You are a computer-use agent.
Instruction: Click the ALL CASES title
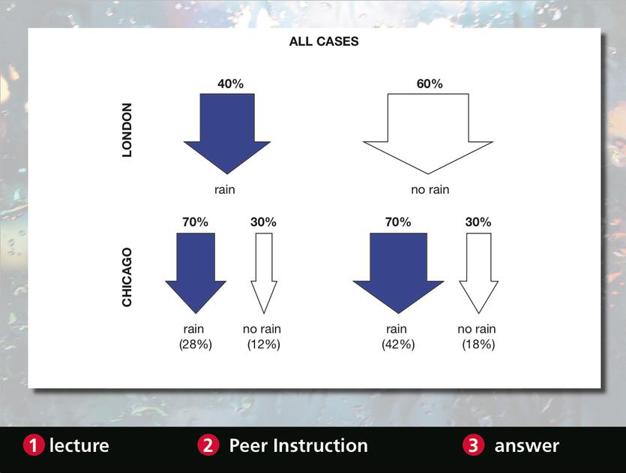(324, 41)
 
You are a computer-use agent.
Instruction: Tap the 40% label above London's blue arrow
(230, 83)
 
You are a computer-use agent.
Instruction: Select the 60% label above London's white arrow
(430, 83)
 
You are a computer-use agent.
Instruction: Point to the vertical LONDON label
(127, 130)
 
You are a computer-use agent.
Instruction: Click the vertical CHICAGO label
(127, 277)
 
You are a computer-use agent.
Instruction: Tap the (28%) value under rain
(195, 345)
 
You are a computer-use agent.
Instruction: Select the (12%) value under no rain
(263, 345)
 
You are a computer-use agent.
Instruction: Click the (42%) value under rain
(398, 345)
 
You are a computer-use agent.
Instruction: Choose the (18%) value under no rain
(478, 345)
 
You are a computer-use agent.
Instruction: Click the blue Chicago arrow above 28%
(196, 272)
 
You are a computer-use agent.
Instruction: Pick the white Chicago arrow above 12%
(263, 272)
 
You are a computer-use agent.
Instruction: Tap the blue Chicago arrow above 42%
(398, 272)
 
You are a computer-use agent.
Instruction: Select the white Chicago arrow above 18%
(478, 272)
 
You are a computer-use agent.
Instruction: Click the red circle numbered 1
(34, 445)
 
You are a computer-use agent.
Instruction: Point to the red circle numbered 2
(208, 445)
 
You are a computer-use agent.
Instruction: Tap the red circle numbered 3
(474, 445)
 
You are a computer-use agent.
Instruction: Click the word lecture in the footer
(79, 445)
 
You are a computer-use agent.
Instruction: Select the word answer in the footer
(526, 446)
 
